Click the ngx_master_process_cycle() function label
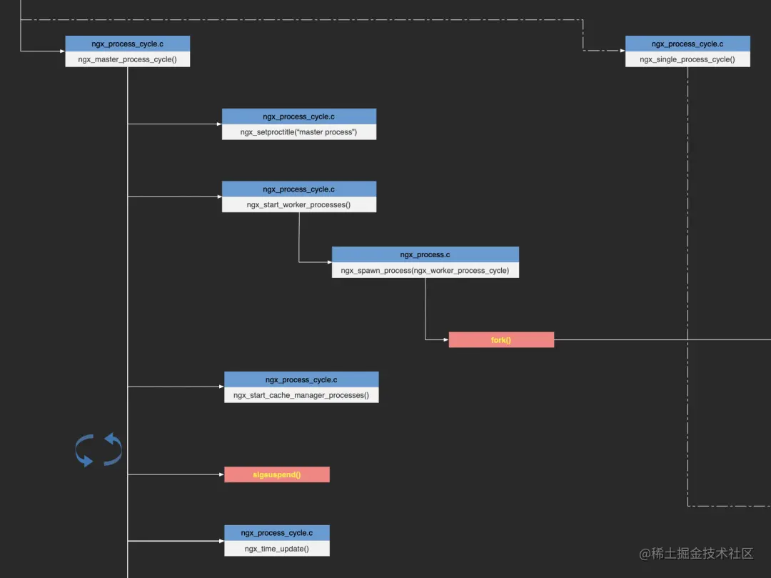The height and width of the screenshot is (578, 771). click(127, 59)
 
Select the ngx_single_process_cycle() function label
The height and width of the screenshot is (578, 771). click(687, 59)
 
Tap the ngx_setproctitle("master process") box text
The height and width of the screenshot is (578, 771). click(299, 132)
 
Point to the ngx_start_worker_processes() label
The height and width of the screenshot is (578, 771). click(299, 204)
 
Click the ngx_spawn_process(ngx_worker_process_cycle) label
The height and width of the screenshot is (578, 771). click(425, 270)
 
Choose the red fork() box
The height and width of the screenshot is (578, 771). click(502, 340)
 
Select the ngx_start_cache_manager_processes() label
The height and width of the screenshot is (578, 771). click(301, 395)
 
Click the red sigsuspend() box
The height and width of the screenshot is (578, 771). click(277, 474)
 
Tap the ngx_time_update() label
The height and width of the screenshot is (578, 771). click(277, 549)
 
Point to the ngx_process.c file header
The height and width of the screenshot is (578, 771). click(425, 255)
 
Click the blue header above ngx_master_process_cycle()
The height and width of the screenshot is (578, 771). click(127, 44)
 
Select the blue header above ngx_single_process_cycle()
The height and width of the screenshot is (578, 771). click(687, 44)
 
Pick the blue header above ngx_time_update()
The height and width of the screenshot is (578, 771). click(277, 533)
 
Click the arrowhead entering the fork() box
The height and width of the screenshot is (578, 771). click(446, 339)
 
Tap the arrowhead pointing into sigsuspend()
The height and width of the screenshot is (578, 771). click(221, 474)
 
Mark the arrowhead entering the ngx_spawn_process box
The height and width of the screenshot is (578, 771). click(329, 262)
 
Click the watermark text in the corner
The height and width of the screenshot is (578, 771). click(696, 554)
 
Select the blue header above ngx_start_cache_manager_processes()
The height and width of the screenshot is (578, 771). click(301, 379)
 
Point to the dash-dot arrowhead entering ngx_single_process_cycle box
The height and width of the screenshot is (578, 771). click(623, 50)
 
